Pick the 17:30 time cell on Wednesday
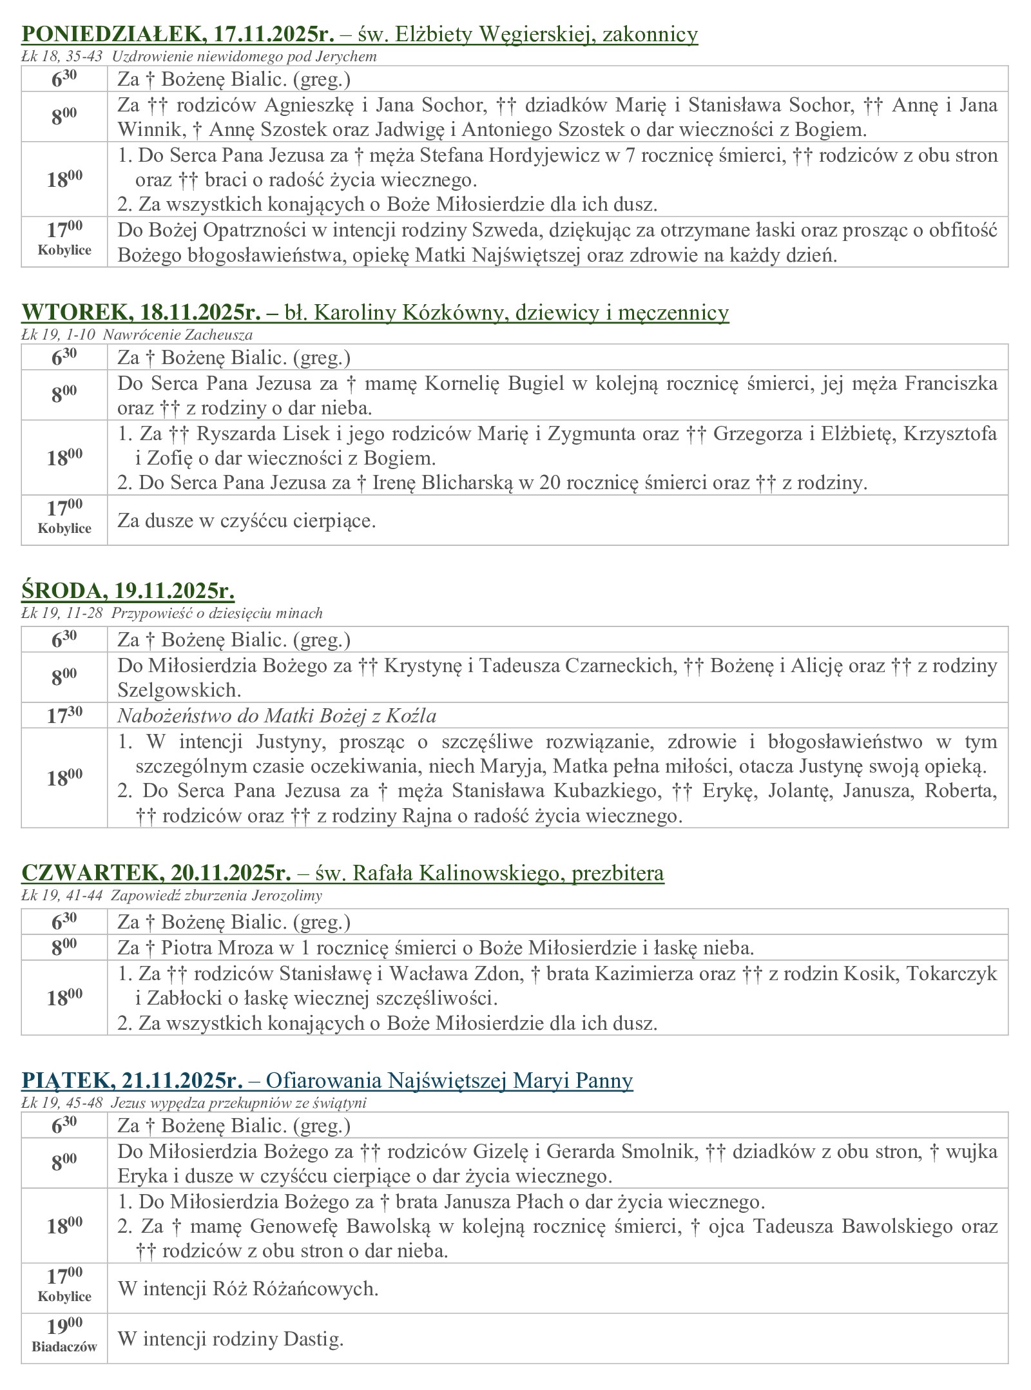(x=64, y=715)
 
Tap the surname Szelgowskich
(x=178, y=690)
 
